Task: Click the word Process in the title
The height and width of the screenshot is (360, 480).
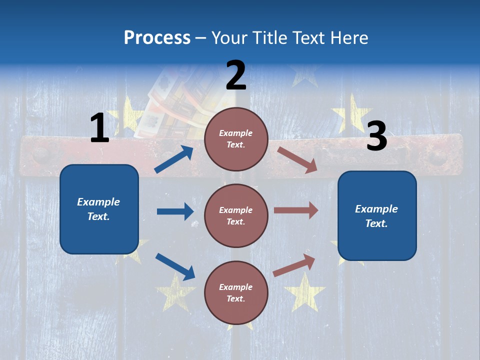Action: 157,38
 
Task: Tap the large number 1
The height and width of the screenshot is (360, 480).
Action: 99,128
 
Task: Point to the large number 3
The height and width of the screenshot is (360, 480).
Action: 376,137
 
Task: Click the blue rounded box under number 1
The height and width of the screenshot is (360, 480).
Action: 99,209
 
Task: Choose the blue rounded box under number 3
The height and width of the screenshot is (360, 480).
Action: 377,216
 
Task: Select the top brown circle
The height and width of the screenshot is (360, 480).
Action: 236,139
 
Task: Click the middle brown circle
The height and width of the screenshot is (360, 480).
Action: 236,215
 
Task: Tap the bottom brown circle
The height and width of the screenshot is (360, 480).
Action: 236,292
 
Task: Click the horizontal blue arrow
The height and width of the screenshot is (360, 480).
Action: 175,211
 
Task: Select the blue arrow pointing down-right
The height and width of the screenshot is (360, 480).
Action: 175,266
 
